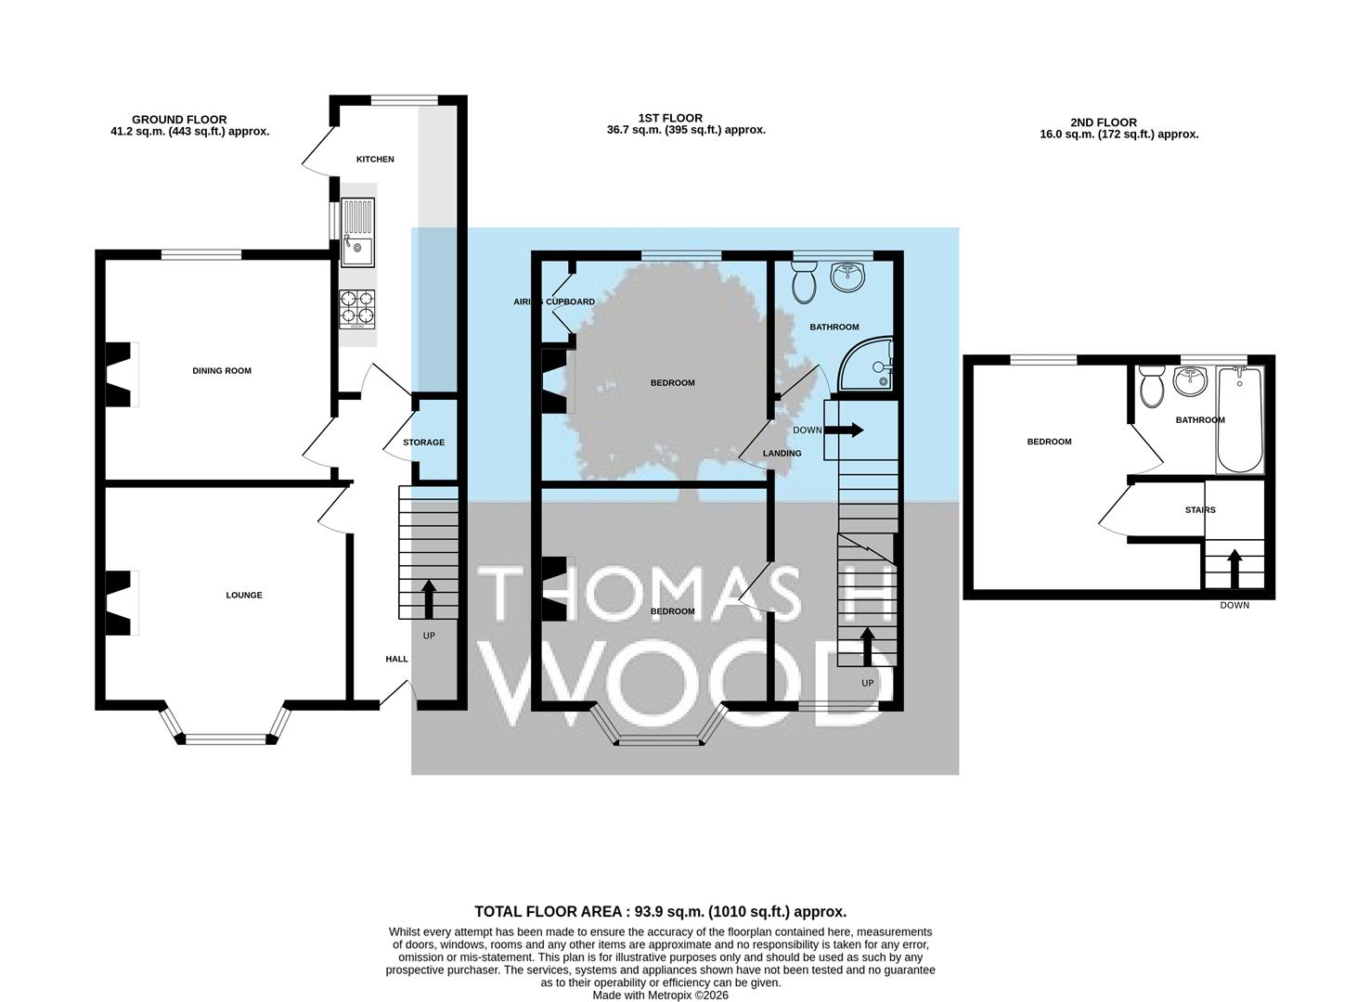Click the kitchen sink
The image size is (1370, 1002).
coord(357,232)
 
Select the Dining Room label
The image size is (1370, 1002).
coord(222,370)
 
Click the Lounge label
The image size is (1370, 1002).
coord(244,595)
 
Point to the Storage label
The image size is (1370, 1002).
coord(424,442)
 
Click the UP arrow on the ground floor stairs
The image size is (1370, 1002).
coord(429,599)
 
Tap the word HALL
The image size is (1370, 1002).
coord(397,659)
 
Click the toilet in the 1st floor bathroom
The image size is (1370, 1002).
coord(804,282)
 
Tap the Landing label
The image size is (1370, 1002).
coord(782,453)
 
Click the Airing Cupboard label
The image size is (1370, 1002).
coord(554,302)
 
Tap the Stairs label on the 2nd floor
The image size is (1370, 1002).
coord(1200,509)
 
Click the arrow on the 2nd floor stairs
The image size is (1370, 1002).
coord(1234,569)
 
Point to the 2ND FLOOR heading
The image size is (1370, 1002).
coord(1104,122)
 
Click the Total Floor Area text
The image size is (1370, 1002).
coord(661,911)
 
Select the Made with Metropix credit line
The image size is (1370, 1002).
coord(661,995)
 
